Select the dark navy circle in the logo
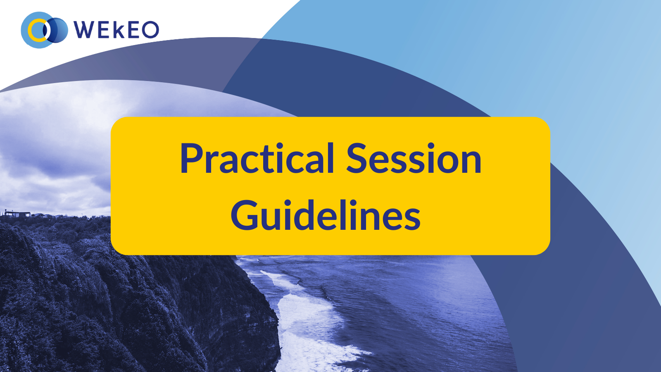[x=56, y=30]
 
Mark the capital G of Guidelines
[x=243, y=215]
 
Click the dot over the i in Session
[x=431, y=146]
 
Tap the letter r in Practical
[x=209, y=162]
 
